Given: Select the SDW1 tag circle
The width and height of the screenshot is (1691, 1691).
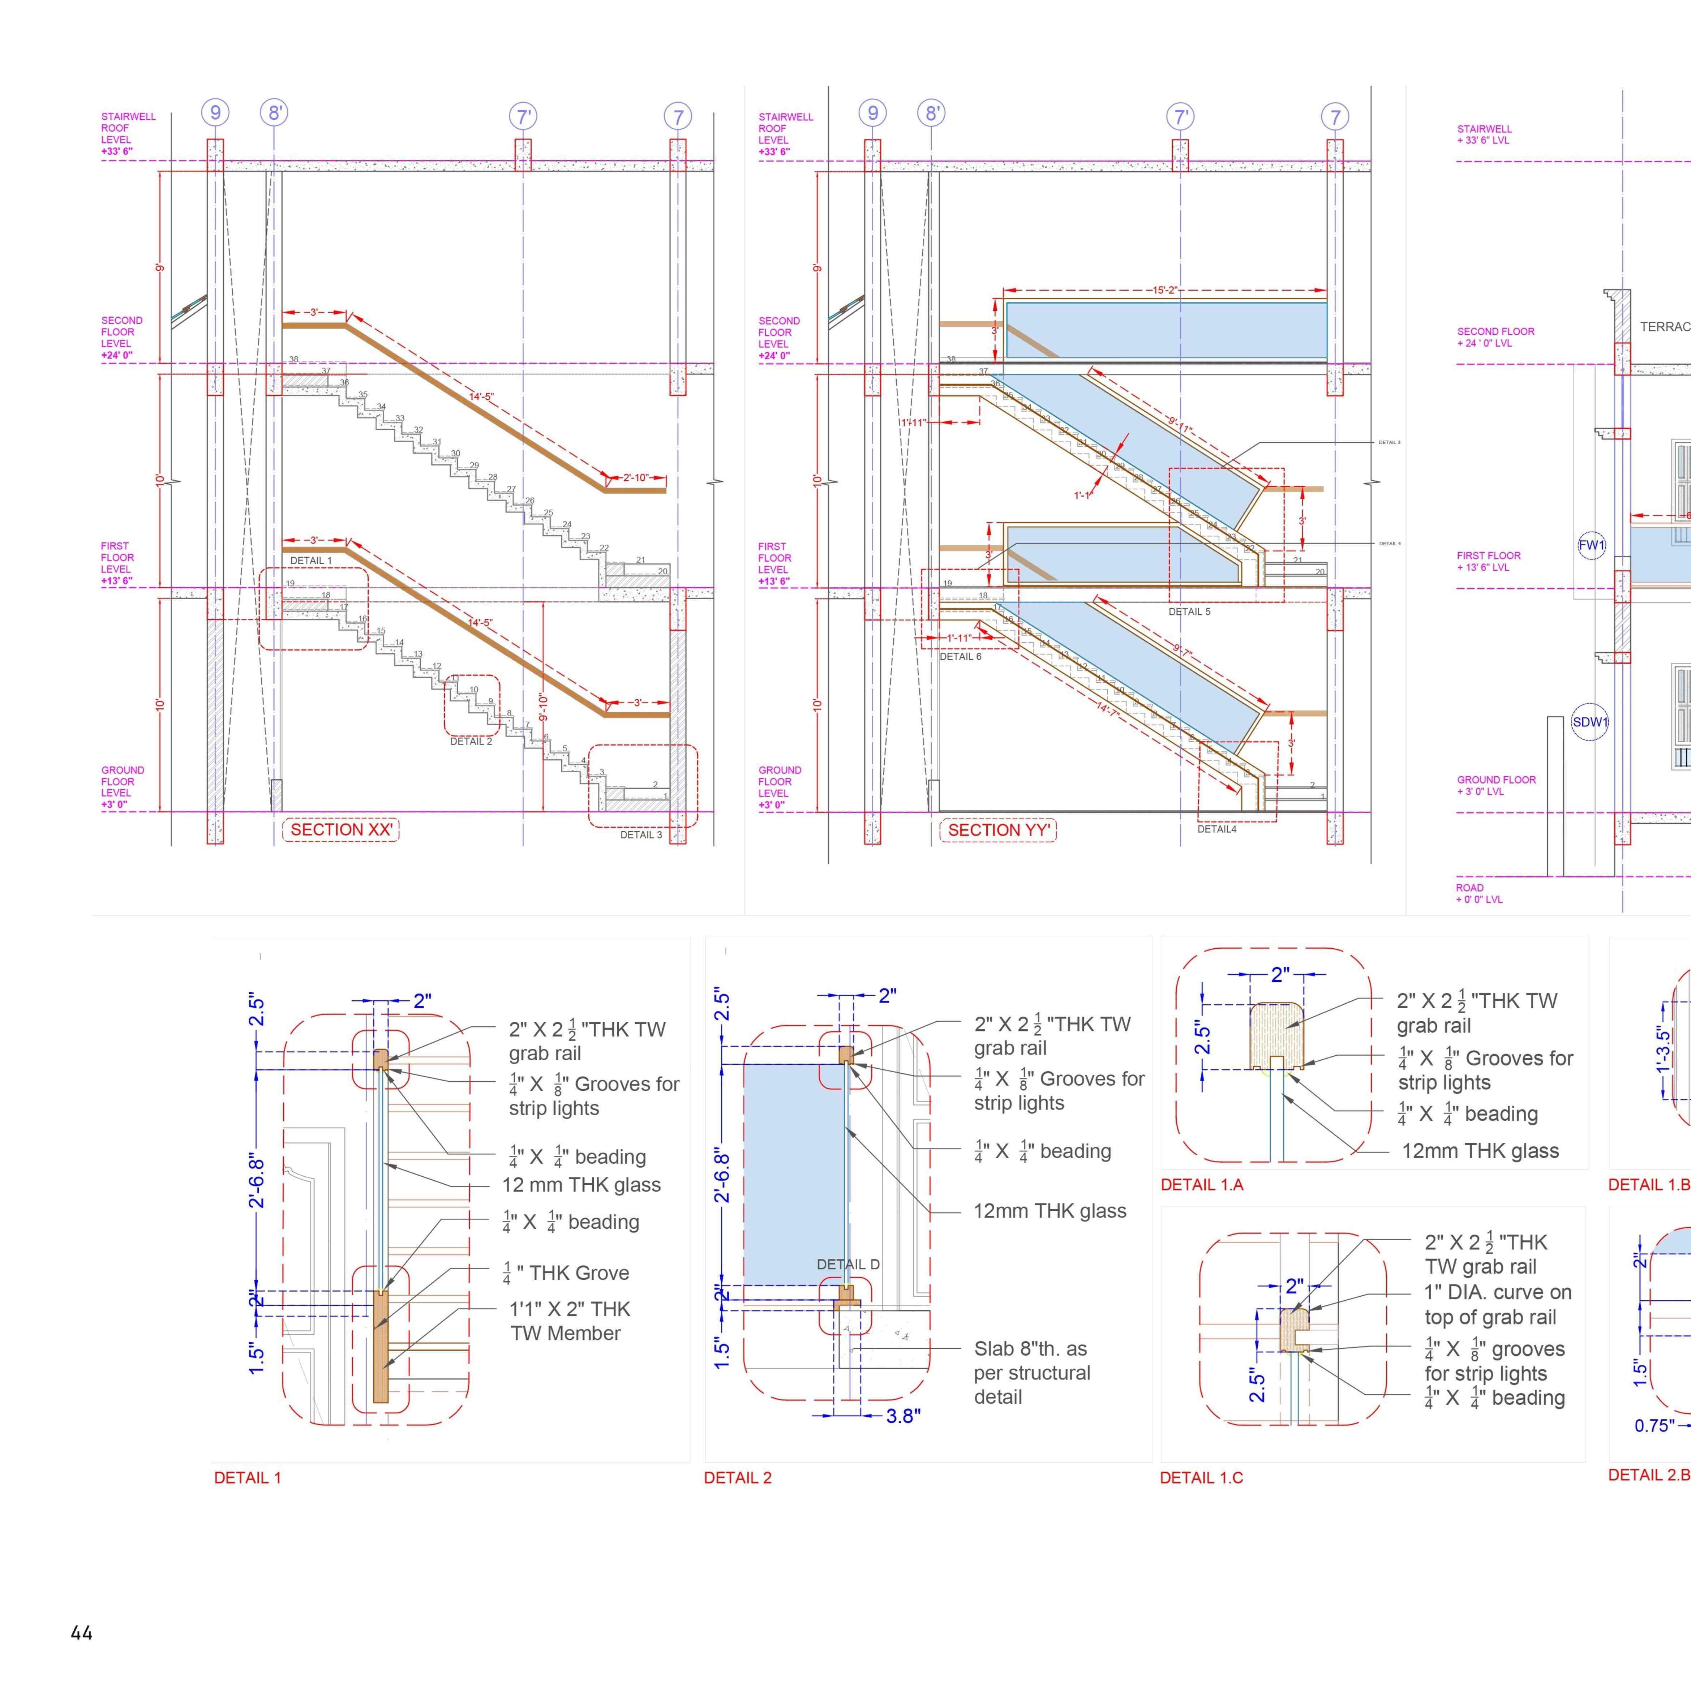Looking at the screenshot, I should click(x=1590, y=722).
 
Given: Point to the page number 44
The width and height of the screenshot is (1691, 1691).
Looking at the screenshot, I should click(x=81, y=1632).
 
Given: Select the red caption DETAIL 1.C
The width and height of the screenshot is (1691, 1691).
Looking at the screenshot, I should click(x=1201, y=1477).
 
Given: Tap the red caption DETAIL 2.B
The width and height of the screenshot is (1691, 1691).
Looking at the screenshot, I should click(x=1648, y=1475).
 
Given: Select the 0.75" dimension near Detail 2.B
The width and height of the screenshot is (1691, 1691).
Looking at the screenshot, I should click(x=1653, y=1426).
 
